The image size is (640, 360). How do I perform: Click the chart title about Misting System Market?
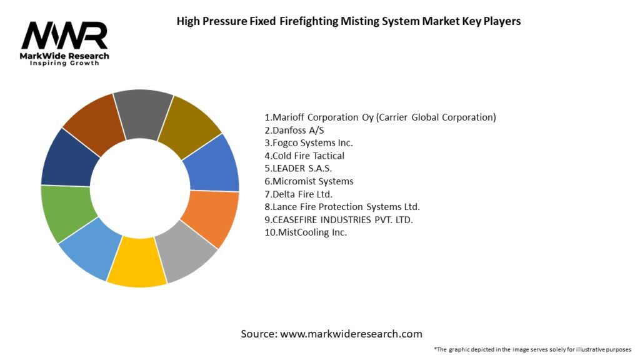point(349,21)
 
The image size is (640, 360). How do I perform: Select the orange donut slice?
point(211,219)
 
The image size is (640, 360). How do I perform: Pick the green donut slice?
point(67,212)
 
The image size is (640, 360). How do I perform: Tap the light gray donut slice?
point(185,252)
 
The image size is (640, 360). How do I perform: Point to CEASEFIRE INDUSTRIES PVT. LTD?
point(339,220)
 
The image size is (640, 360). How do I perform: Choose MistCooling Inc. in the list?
point(306,232)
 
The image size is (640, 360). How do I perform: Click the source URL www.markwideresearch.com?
point(351,334)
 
